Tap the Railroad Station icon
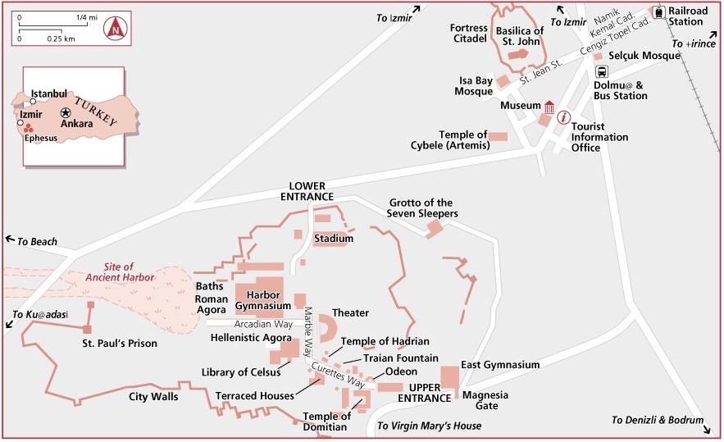658,12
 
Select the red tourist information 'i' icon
563,117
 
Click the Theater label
350,313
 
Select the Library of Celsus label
241,372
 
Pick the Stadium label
334,239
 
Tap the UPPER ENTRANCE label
430,392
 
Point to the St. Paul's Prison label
120,343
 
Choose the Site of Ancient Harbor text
119,271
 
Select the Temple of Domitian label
326,421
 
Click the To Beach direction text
37,242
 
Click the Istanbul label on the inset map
48,93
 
